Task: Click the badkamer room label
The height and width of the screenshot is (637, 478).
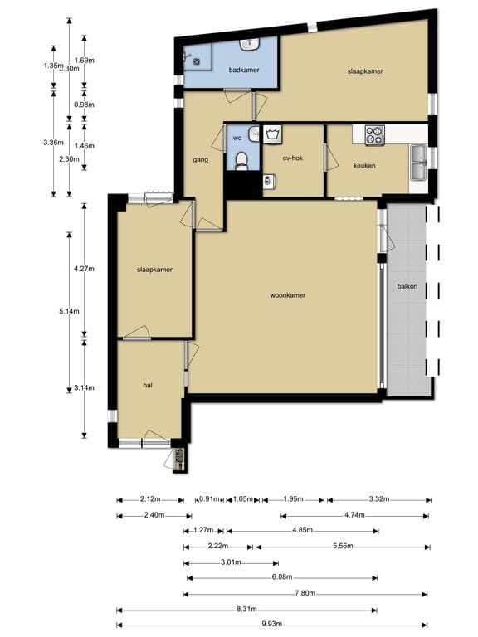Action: pos(245,71)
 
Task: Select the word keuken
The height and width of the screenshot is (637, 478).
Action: pos(365,166)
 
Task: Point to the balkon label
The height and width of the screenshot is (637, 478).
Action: pos(407,286)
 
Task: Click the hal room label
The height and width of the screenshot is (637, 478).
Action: pos(149,385)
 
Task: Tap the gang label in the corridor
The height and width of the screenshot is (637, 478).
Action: pos(200,158)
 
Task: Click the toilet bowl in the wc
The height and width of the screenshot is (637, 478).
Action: pos(241,160)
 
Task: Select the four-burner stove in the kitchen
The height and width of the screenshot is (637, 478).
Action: pos(375,134)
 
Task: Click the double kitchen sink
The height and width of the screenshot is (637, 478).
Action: pos(419,162)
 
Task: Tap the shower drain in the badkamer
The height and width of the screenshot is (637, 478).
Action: pos(197,60)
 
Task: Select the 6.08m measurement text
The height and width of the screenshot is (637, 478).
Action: pos(283,577)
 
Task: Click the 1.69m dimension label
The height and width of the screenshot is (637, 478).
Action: pos(85,61)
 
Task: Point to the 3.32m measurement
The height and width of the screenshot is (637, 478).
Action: pos(378,499)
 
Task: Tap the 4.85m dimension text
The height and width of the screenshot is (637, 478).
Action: pos(302,531)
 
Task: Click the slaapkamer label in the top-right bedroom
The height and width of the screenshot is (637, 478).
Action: pos(364,72)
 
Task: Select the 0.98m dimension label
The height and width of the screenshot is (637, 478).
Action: pos(85,105)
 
